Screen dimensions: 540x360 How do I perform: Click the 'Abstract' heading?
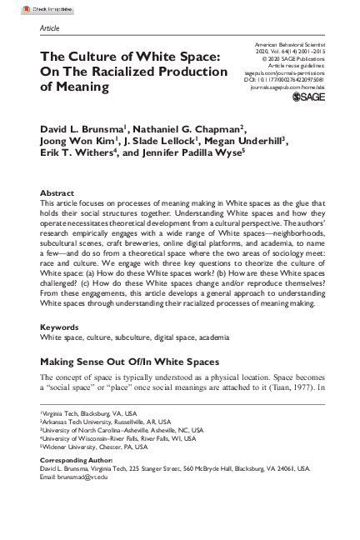[x=57, y=192]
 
